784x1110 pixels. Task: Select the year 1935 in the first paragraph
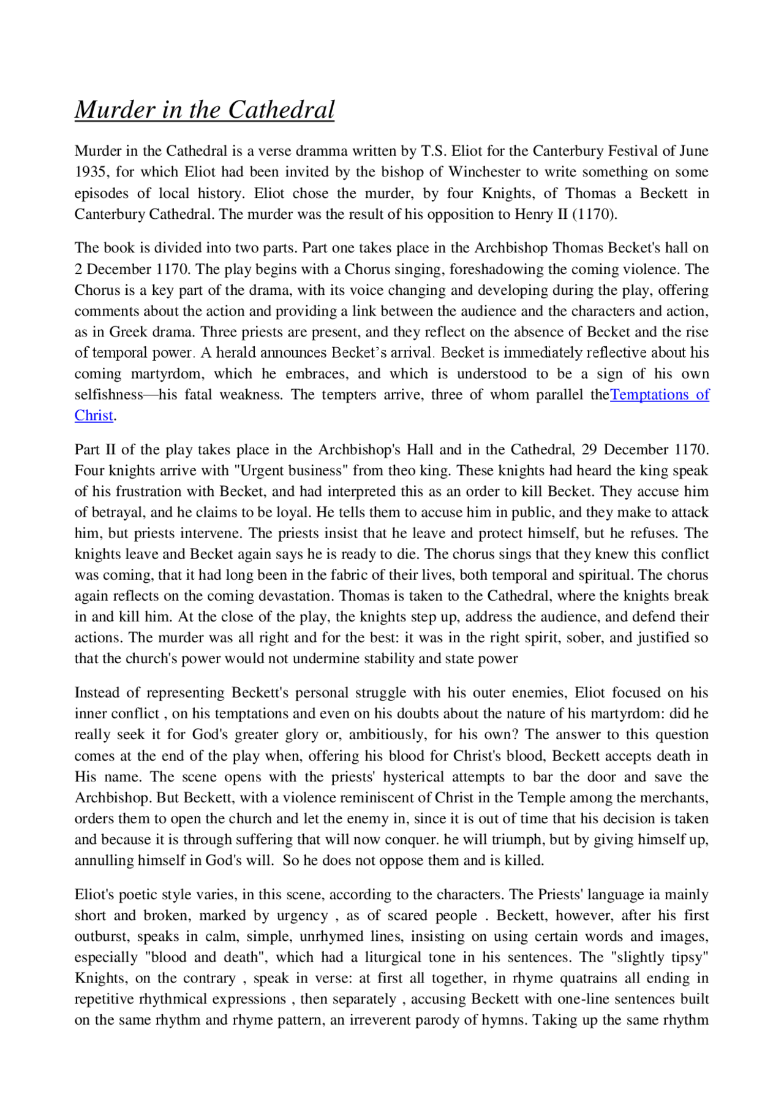pos(91,172)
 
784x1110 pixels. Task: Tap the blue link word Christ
pos(94,416)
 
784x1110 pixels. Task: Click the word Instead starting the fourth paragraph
pos(97,693)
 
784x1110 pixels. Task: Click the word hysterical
pos(413,777)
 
